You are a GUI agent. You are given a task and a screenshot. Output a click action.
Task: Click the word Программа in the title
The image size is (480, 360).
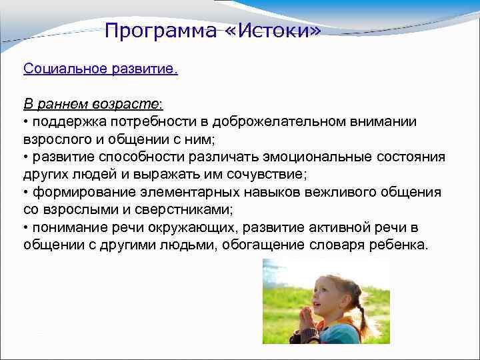157,31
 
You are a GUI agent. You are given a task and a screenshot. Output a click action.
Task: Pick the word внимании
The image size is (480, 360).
383,122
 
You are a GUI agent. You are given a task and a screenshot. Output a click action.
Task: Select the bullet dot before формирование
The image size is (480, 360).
26,193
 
